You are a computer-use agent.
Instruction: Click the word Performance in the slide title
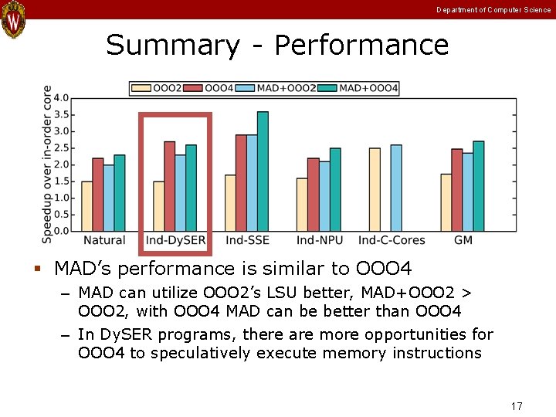tap(361, 46)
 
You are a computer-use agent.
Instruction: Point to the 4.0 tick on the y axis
tap(61, 98)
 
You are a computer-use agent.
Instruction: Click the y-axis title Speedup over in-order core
tap(47, 164)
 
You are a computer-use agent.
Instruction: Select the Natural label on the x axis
tap(103, 241)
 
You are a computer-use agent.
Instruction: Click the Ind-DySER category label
tap(175, 241)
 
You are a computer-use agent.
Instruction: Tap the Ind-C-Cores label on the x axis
tap(391, 241)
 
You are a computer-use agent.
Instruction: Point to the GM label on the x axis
tap(463, 241)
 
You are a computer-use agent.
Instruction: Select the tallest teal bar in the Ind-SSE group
tap(263, 171)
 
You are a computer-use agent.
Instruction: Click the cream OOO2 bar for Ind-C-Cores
tap(375, 189)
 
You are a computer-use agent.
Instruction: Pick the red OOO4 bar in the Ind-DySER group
tap(169, 186)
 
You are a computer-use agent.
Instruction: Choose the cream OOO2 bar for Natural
tap(86, 206)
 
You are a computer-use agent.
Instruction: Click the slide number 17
tap(517, 405)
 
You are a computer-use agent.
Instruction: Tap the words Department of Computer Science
tap(493, 10)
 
